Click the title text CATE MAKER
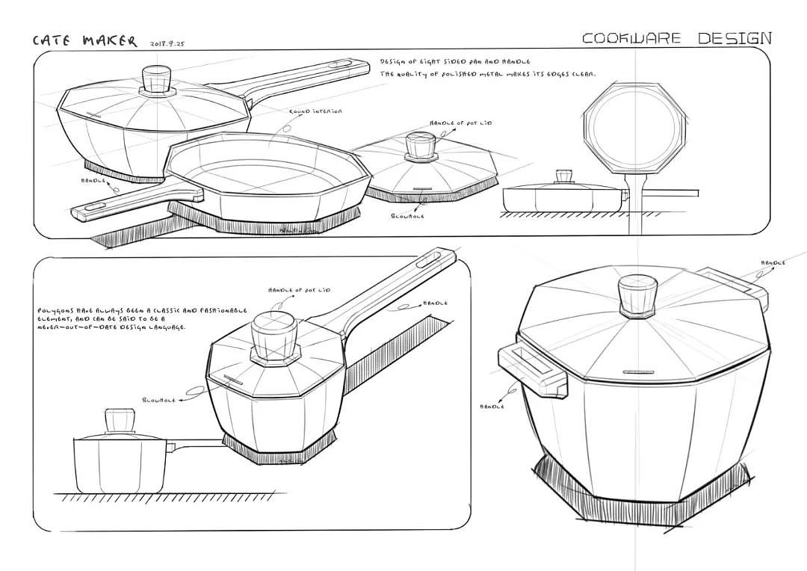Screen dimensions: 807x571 84,40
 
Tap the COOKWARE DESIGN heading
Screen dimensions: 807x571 676,38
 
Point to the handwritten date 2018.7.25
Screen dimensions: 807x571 167,43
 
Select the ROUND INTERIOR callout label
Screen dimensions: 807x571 315,111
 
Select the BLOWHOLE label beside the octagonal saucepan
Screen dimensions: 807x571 158,401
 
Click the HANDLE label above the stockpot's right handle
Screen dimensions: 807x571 773,263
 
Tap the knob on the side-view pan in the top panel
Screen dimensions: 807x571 563,177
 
